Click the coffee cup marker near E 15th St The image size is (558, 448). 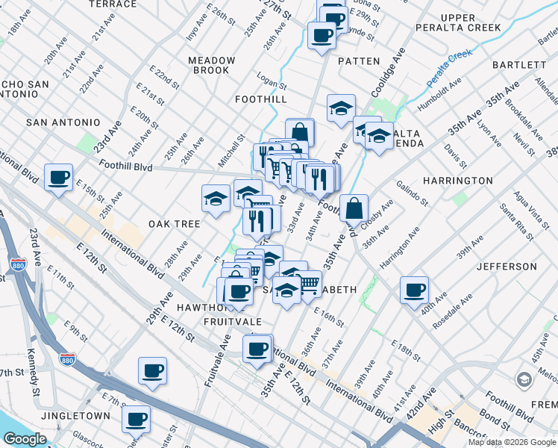pos(58,178)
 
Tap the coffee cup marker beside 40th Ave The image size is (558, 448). pos(414,290)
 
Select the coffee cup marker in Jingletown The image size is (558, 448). pos(136,420)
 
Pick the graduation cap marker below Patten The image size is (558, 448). pos(341,108)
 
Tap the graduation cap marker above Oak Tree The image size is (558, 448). pos(216,199)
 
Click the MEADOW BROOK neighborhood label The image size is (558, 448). pos(212,65)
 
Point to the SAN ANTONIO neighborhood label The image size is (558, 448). pos(63,122)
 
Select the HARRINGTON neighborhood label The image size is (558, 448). pos(457,181)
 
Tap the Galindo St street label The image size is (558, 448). pos(412,192)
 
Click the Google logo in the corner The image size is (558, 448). pos(25,439)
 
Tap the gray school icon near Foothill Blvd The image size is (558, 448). pos(524,380)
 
